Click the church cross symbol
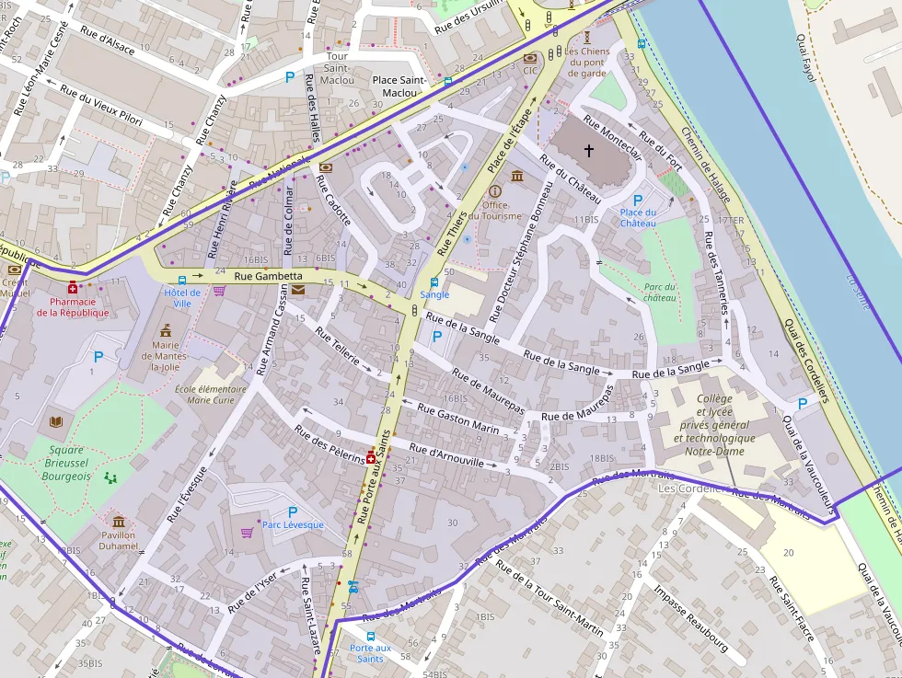coord(589,150)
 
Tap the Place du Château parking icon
coord(638,200)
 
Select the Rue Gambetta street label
coord(268,276)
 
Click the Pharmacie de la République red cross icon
coord(73,287)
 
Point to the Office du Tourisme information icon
coord(495,190)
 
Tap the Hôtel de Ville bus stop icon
coord(181,279)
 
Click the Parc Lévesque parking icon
coord(293,511)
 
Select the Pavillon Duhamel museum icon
coord(119,522)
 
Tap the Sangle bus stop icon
coord(434,282)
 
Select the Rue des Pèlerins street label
coord(329,444)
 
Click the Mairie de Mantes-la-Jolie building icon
coord(167,329)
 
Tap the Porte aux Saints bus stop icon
coord(371,636)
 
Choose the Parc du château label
coord(660,293)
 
